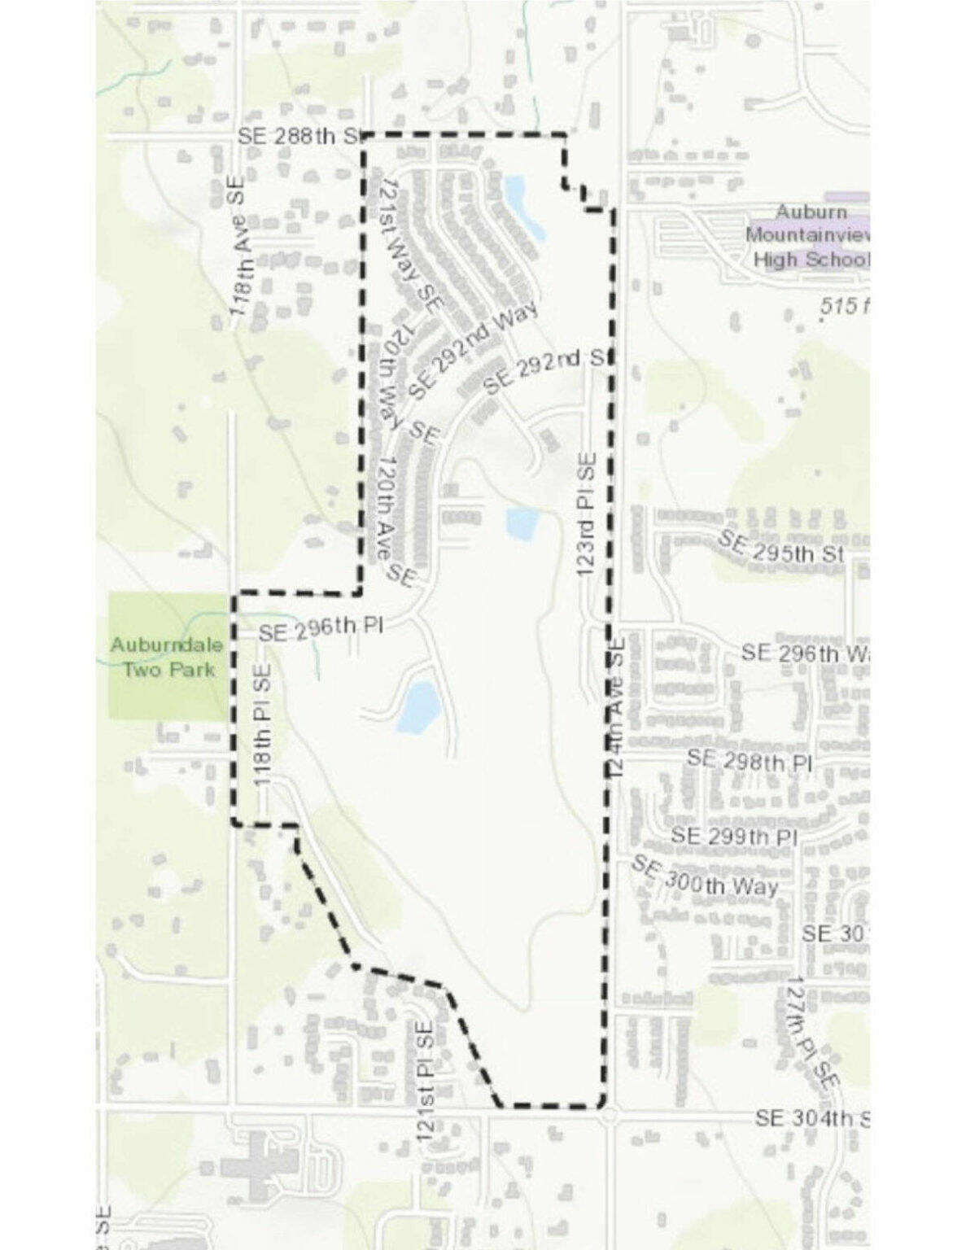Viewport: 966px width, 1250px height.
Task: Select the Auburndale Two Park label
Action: (167, 657)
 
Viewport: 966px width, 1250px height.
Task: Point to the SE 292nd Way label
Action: (473, 350)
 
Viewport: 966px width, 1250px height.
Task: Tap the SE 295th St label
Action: (782, 545)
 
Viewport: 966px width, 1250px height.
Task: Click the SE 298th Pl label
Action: (750, 761)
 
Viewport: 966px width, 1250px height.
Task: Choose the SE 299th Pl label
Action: (733, 836)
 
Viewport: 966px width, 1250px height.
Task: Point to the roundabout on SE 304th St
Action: (609, 1118)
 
